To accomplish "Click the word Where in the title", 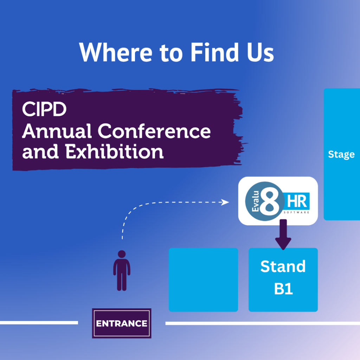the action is tap(115, 52).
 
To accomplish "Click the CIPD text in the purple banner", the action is tap(44, 109).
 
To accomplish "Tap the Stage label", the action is tap(341, 154).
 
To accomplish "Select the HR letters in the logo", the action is tap(297, 201).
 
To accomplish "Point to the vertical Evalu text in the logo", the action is tap(255, 201).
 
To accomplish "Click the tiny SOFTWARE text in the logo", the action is tap(296, 212).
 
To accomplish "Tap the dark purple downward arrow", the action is tap(283, 234).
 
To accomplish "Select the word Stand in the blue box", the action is tap(283, 266).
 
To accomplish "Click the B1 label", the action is tap(283, 289).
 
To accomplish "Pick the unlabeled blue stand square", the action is tap(203, 279).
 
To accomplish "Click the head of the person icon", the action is tap(122, 254).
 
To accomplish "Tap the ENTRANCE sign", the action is tap(122, 323).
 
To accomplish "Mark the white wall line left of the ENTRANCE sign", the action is tap(39, 323).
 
